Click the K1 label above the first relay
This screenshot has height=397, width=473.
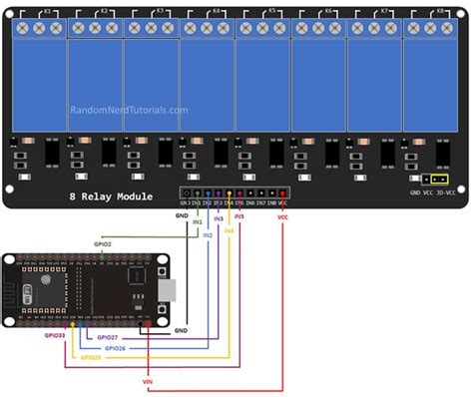point(48,10)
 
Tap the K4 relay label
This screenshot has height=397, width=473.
point(217,10)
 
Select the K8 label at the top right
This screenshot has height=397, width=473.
point(441,10)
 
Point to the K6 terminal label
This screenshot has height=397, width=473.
point(328,10)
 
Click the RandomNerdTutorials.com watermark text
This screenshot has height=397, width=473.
point(129,111)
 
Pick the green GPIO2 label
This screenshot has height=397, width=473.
point(103,243)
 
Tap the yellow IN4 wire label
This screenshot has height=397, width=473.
point(229,231)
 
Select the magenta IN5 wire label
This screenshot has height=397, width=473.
point(238,215)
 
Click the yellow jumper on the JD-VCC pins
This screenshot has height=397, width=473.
point(435,181)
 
